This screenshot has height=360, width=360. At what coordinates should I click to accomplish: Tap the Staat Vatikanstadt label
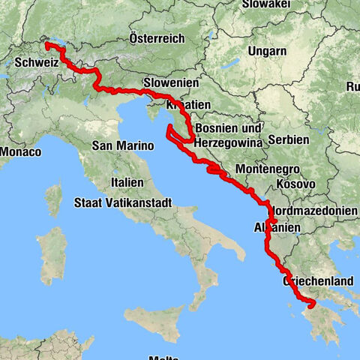pos(124,202)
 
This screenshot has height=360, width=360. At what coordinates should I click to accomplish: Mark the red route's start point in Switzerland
pos(47,45)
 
